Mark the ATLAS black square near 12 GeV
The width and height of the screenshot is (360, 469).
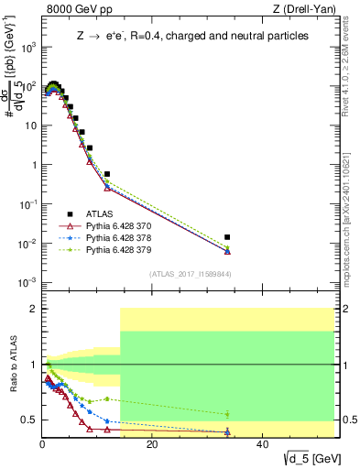pos(107,174)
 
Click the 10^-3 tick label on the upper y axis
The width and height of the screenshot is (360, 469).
pos(27,283)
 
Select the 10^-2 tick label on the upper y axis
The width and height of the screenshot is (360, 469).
pos(27,244)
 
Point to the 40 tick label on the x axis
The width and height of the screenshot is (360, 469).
pos(262,444)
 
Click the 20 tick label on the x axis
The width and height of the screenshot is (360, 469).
pos(152,444)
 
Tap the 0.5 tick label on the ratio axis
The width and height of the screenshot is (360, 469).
pos(28,420)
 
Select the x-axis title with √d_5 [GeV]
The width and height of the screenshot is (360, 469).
pos(305,457)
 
